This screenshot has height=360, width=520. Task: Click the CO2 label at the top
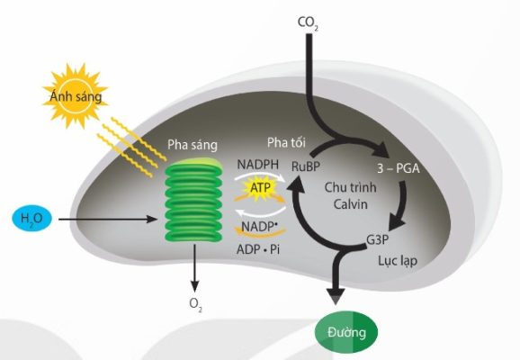(x=308, y=23)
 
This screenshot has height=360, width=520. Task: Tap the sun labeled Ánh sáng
(x=76, y=96)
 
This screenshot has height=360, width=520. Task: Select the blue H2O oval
(x=31, y=219)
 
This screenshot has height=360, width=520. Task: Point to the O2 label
(x=195, y=304)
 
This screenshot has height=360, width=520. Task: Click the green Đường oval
(x=346, y=332)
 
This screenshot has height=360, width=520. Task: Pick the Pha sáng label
(x=193, y=145)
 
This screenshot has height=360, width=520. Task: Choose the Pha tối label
(x=286, y=143)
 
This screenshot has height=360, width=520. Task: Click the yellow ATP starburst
(x=260, y=188)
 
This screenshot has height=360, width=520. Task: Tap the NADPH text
(x=258, y=165)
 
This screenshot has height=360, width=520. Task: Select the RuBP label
(x=306, y=166)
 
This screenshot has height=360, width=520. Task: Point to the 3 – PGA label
(x=399, y=168)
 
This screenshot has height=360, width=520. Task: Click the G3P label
(x=377, y=239)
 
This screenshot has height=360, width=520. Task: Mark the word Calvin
(x=351, y=204)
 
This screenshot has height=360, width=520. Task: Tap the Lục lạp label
(x=398, y=261)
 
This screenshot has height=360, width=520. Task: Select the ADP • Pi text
(x=258, y=249)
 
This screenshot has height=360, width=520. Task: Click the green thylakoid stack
(x=193, y=200)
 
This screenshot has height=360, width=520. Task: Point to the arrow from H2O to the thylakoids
(x=107, y=219)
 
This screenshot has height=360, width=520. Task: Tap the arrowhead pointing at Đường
(x=336, y=296)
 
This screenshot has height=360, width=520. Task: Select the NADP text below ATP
(x=259, y=227)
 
